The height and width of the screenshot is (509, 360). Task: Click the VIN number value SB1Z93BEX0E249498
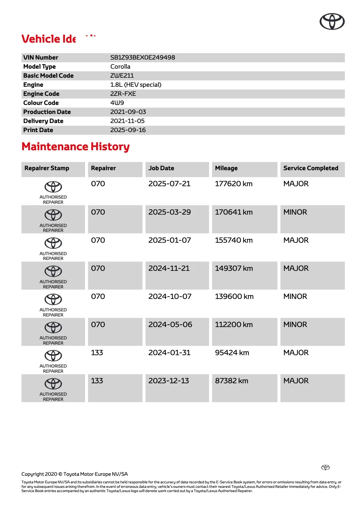click(142, 57)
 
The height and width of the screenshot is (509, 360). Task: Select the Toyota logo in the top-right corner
click(332, 21)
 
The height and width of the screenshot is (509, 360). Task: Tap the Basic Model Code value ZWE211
click(122, 76)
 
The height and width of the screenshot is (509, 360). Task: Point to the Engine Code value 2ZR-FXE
click(123, 94)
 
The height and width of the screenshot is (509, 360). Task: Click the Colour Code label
click(41, 103)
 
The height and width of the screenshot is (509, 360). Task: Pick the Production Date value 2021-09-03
click(128, 112)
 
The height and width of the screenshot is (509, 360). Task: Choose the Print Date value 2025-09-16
click(128, 130)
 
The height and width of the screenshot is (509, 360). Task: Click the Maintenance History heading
click(76, 147)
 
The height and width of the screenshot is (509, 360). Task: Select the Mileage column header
click(226, 168)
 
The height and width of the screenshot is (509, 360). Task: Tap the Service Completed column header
click(311, 168)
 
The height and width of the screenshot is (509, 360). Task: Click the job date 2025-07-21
click(169, 184)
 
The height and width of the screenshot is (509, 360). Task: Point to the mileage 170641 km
click(234, 212)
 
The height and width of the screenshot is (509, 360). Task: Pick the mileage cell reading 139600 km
click(234, 297)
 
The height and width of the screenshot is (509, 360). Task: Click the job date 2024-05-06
click(170, 325)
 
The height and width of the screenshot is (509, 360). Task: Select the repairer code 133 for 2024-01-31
click(97, 353)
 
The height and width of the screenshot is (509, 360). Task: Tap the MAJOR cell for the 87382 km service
click(296, 381)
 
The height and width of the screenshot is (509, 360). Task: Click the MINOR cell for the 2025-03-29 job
click(295, 212)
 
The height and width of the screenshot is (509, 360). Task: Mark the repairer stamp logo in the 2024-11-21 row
click(53, 271)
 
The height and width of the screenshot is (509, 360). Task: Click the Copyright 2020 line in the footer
click(74, 474)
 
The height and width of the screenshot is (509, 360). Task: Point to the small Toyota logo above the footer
click(325, 467)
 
